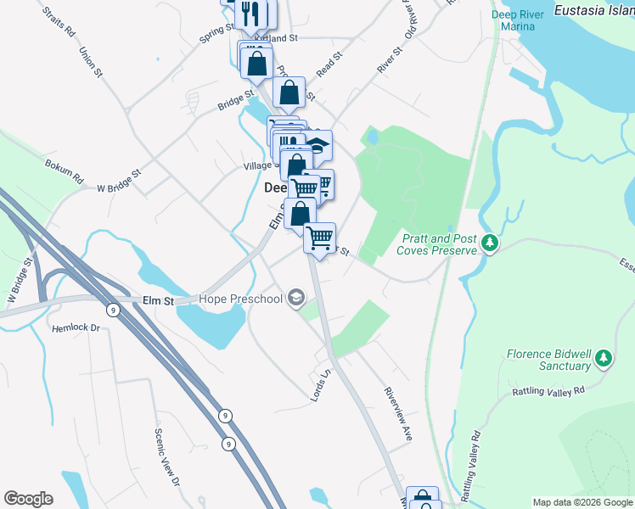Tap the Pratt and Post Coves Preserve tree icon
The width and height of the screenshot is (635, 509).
tap(489, 243)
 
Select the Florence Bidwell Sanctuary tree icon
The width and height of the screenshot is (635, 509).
tap(604, 358)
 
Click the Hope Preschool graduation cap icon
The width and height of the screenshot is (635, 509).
tap(295, 298)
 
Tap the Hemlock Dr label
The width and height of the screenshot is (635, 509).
tap(76, 327)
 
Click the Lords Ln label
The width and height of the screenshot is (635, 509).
tap(321, 384)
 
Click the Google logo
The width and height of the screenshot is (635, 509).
tap(28, 499)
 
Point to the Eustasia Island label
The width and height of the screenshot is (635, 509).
tap(593, 11)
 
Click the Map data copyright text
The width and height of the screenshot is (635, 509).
tap(582, 502)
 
